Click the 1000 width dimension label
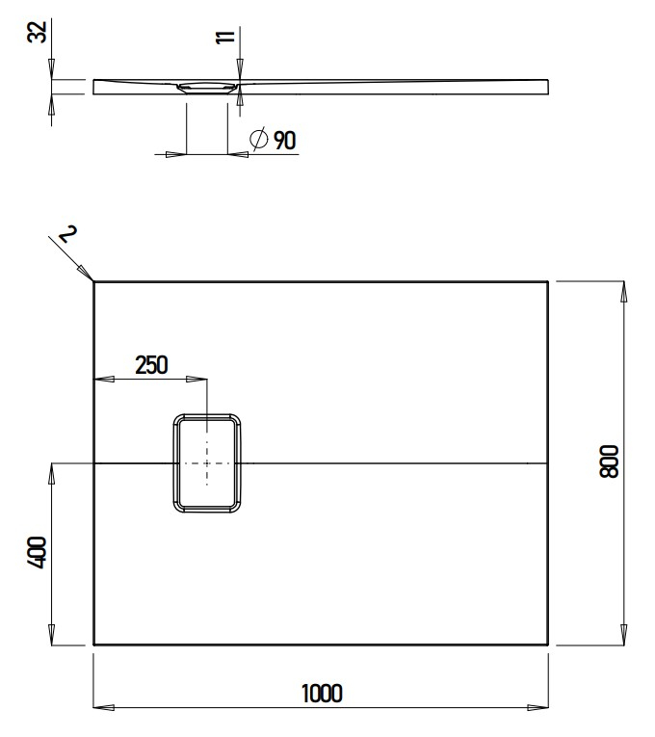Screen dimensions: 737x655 click(x=322, y=693)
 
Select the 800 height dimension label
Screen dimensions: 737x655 click(x=608, y=462)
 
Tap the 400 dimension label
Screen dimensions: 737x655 click(x=37, y=555)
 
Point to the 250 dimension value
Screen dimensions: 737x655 click(x=151, y=365)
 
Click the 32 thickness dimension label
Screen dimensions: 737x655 click(x=37, y=33)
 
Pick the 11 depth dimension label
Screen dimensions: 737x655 click(x=225, y=38)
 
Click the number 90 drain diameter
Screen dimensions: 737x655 click(x=284, y=141)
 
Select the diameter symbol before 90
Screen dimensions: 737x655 click(x=258, y=141)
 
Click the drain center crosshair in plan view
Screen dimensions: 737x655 click(x=207, y=463)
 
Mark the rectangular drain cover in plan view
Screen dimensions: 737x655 click(x=207, y=463)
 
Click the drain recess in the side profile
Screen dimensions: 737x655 click(x=207, y=87)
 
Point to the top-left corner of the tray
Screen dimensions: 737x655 click(x=94, y=281)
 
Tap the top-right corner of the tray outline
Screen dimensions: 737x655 click(x=548, y=281)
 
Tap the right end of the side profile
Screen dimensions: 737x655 click(x=550, y=87)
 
